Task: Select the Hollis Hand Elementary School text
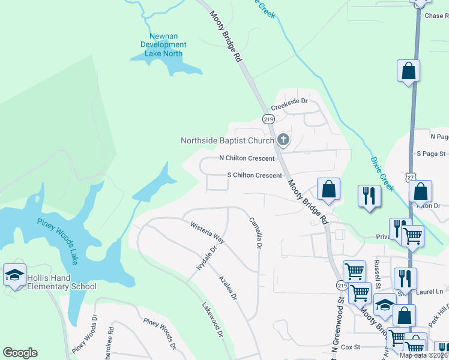(x=61, y=282)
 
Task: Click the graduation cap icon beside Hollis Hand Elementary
(x=14, y=275)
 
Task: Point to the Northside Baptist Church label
(x=228, y=140)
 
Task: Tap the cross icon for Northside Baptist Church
(x=283, y=140)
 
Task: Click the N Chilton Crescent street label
(x=247, y=158)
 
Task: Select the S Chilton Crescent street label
(x=254, y=175)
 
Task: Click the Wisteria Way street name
(x=207, y=233)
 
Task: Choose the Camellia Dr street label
(x=256, y=233)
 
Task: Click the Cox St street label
(x=349, y=347)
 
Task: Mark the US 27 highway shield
(x=410, y=178)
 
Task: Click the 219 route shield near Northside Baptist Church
(x=268, y=119)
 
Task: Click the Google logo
(x=20, y=353)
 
